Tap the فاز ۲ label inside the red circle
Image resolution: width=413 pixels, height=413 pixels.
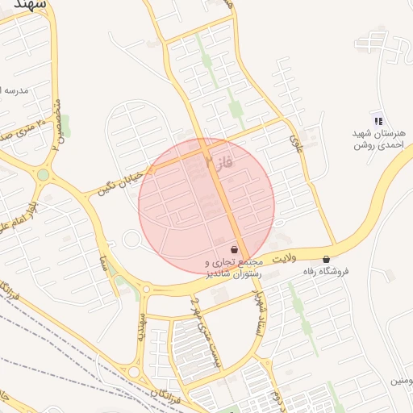[x=219, y=165]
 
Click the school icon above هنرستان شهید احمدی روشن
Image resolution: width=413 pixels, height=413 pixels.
[x=377, y=119]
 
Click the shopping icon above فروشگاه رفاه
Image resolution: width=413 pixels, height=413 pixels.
[x=326, y=260]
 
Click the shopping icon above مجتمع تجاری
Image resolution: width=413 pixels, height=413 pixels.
[x=234, y=249]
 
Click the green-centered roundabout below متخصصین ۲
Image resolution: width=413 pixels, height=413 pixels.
[x=43, y=174]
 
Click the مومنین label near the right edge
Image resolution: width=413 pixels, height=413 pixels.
[x=400, y=379]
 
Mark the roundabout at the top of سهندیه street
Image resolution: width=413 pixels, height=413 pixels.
[x=145, y=289]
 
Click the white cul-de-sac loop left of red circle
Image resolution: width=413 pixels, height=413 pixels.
[x=131, y=240]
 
